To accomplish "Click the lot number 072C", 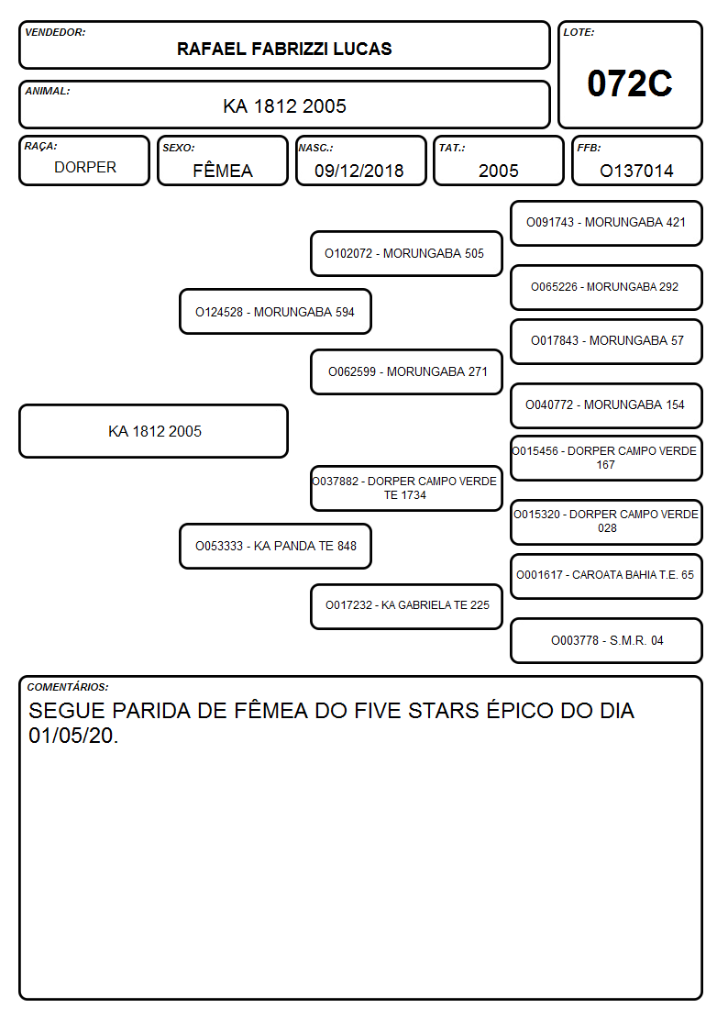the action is (x=630, y=83).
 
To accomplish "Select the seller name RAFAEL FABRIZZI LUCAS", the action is (x=284, y=49).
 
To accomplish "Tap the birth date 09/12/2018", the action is (x=359, y=171).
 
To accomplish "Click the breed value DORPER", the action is (x=85, y=168).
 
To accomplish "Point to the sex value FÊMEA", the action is (x=223, y=170).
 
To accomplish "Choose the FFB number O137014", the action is (x=636, y=171).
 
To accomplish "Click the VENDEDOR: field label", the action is (x=55, y=32).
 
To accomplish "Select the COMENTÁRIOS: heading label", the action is (x=68, y=687).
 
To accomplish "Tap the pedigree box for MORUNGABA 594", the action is (x=275, y=311).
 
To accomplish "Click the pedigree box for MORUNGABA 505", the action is (x=406, y=253).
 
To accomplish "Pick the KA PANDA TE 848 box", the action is (x=275, y=546).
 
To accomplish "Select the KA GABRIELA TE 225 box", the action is (x=406, y=606).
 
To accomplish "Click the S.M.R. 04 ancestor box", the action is (x=607, y=640).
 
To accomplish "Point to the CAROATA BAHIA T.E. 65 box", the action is (x=607, y=576).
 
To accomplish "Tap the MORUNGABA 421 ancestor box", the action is (x=607, y=224).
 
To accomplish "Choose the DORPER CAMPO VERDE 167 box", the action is (x=607, y=458).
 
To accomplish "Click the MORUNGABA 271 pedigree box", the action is (x=406, y=371).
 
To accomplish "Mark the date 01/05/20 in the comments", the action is (x=72, y=736).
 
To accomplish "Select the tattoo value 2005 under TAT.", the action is (x=498, y=171).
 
